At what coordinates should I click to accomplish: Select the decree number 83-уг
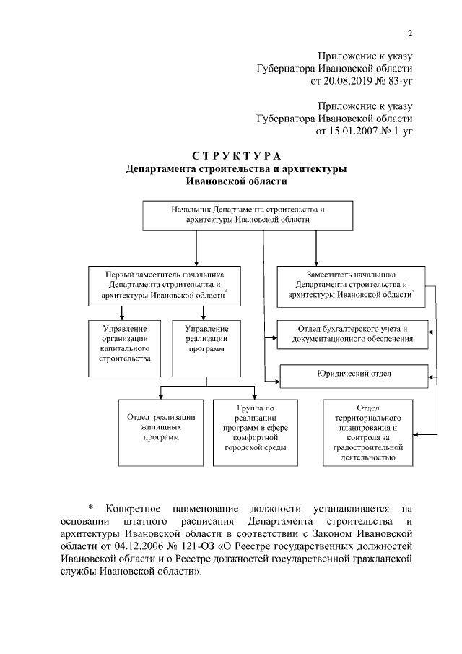coord(397,82)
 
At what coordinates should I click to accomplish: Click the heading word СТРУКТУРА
coord(235,156)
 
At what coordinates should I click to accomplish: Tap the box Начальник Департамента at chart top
coord(248,214)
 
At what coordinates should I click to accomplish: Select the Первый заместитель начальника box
coord(165,285)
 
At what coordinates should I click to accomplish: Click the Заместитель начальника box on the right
coord(350,285)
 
